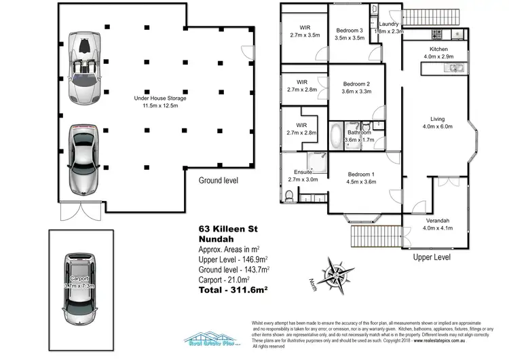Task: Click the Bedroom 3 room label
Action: (x=350, y=31)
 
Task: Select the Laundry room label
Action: (x=388, y=24)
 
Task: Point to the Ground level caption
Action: (x=219, y=181)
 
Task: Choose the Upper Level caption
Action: (x=432, y=258)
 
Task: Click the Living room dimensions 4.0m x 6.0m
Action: (x=438, y=126)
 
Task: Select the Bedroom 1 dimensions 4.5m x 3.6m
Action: (x=361, y=181)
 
